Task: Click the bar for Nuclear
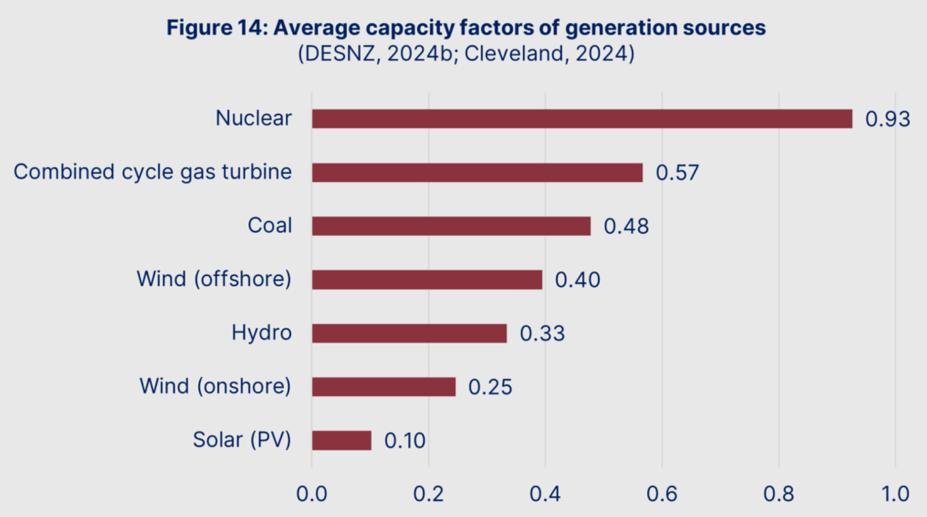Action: (581, 119)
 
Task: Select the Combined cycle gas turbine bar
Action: (477, 172)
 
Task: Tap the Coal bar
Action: (451, 226)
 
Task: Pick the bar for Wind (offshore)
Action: (427, 280)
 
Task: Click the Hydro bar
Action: (409, 333)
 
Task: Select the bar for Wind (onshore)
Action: (383, 387)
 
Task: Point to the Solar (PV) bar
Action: (341, 440)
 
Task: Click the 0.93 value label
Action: (888, 120)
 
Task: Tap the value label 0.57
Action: (678, 173)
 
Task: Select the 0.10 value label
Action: (405, 441)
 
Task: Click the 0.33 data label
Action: (542, 334)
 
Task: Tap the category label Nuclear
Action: (253, 118)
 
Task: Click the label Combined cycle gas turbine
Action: (153, 172)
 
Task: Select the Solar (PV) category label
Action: (242, 440)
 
